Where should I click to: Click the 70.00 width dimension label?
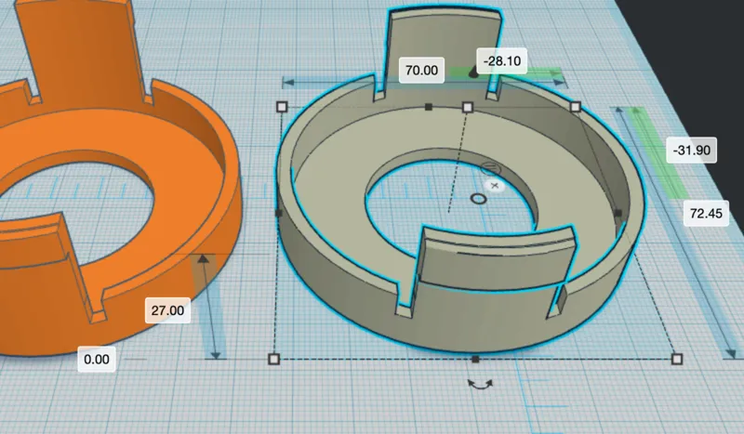pyautogui.click(x=421, y=71)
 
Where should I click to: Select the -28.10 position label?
pyautogui.click(x=501, y=60)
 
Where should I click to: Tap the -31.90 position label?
pyautogui.click(x=691, y=150)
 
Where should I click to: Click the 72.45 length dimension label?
pyautogui.click(x=706, y=213)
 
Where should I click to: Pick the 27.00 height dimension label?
pyautogui.click(x=167, y=310)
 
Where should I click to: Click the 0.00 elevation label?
pyautogui.click(x=97, y=359)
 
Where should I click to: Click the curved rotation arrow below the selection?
pyautogui.click(x=480, y=384)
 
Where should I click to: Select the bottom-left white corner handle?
pyautogui.click(x=273, y=359)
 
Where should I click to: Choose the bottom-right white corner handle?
pyautogui.click(x=677, y=359)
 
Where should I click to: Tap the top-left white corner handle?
pyautogui.click(x=282, y=107)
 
